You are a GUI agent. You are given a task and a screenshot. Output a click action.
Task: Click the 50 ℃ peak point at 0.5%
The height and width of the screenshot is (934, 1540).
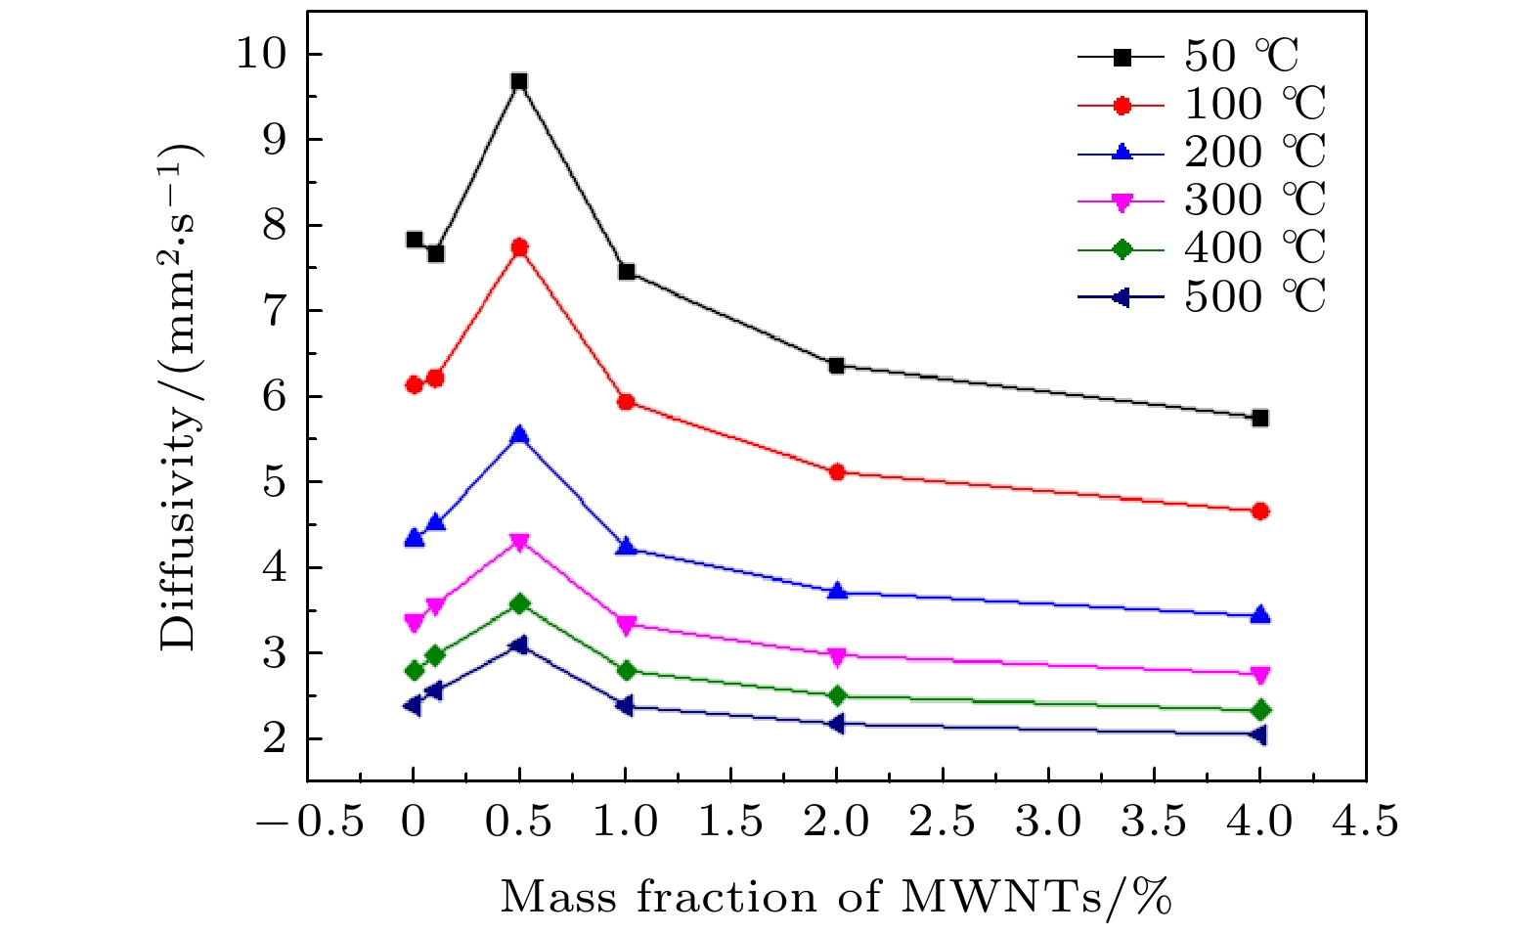tap(519, 81)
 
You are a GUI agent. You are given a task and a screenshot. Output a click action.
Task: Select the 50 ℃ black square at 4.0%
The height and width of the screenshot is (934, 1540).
tap(1259, 419)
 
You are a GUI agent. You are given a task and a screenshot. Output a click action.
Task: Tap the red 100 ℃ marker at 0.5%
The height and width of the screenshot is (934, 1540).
tap(519, 247)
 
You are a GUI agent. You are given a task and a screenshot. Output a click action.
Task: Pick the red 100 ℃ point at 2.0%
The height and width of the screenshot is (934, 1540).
tap(836, 472)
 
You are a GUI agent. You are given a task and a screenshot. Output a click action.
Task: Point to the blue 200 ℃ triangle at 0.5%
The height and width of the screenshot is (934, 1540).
tap(519, 435)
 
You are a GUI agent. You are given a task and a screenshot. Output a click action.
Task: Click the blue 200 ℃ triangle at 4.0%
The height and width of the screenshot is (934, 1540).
tap(1259, 615)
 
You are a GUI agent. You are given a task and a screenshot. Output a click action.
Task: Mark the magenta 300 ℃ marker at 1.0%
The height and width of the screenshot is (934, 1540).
tap(626, 624)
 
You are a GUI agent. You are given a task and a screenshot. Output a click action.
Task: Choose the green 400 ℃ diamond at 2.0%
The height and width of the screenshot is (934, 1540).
tap(836, 695)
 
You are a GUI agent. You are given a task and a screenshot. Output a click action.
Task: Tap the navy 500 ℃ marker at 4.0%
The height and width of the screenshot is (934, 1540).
tap(1258, 734)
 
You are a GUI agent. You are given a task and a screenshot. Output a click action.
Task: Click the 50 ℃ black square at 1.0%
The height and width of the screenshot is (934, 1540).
tap(626, 271)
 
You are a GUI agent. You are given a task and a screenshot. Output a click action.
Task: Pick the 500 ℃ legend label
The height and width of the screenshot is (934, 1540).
tap(1254, 296)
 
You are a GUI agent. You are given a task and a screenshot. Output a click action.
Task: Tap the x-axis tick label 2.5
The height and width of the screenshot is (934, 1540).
tap(942, 823)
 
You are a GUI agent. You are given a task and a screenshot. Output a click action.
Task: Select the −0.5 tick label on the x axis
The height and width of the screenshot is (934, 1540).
tap(310, 823)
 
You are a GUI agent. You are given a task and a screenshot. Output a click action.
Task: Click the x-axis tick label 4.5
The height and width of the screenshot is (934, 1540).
tap(1365, 823)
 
